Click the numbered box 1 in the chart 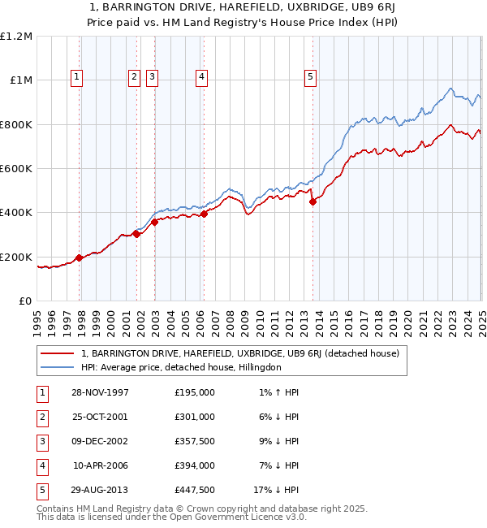[76, 77]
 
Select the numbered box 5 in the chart [311, 77]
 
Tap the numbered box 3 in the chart [152, 77]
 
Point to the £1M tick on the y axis [19, 80]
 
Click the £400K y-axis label [16, 213]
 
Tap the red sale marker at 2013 [313, 202]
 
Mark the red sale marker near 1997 [80, 258]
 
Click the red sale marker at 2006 [204, 214]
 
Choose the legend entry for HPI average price [181, 367]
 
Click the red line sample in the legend [56, 354]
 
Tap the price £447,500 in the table [195, 491]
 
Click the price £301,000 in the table [195, 418]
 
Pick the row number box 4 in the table [41, 466]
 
